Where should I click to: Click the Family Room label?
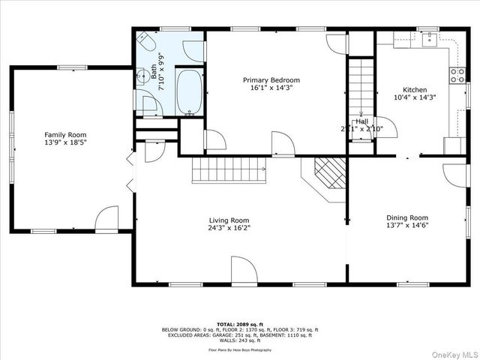61,135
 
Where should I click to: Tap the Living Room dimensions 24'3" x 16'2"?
229,228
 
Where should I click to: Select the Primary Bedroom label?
271,80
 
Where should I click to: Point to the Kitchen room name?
415,89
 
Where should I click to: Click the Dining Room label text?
406,217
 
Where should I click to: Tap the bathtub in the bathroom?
188,91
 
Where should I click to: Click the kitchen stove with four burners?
455,74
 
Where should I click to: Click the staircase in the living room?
228,170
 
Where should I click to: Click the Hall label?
361,121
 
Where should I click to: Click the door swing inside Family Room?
108,218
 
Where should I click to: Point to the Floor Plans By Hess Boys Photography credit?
240,349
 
